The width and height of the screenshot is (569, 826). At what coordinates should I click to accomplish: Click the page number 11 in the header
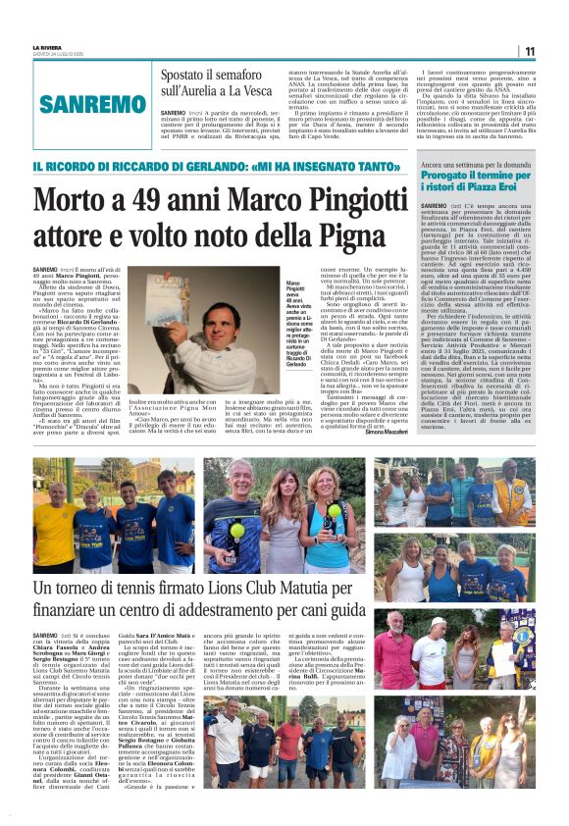[x=529, y=51]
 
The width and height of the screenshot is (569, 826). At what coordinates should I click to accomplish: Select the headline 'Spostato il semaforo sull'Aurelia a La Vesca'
[x=214, y=83]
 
